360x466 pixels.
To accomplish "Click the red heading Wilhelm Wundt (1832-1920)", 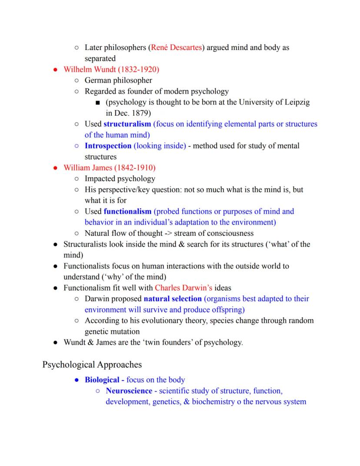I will coord(111,69).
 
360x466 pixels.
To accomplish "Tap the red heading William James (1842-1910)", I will coord(109,168).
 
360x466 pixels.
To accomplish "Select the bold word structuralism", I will coord(127,124).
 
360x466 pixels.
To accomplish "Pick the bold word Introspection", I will coord(108,146).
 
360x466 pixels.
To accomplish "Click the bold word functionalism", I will coord(127,211).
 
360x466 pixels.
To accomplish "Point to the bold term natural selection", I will coord(173,299).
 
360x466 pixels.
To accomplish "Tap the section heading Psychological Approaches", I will coord(92,364).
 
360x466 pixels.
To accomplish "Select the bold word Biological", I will coord(102,380).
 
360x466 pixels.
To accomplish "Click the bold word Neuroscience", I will coord(129,391).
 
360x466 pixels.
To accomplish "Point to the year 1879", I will coord(139,113).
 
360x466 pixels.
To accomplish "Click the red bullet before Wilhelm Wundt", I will coord(56,70).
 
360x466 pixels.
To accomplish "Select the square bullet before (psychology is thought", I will coord(97,103).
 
